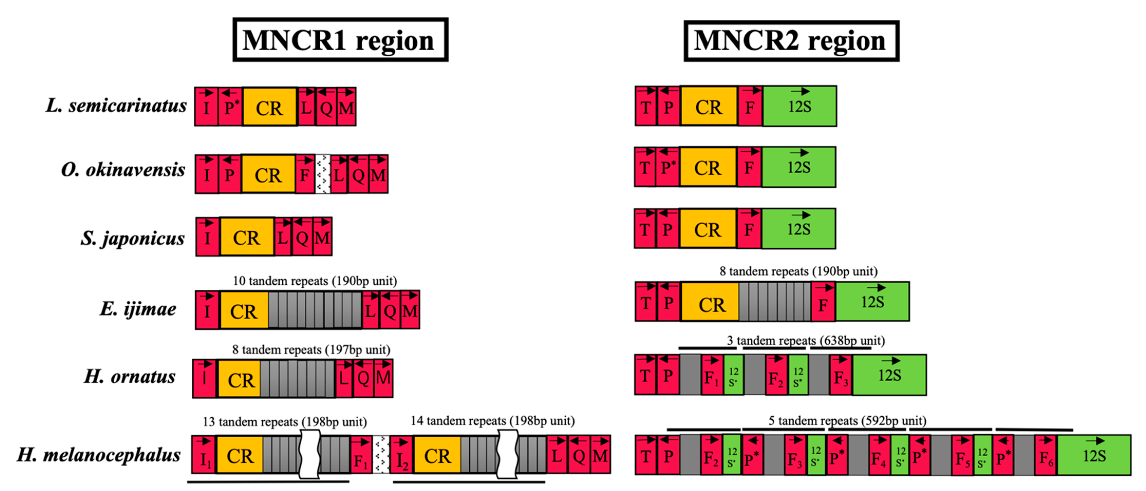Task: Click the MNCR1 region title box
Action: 340,40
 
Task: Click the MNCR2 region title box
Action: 791,41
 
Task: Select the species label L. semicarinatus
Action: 117,106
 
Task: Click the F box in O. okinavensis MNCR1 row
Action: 305,174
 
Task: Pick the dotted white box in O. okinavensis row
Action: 323,174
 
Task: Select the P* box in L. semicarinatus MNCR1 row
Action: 230,107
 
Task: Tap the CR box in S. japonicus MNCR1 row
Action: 247,237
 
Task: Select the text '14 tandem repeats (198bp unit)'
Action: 492,421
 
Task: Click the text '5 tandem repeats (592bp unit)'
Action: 847,421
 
